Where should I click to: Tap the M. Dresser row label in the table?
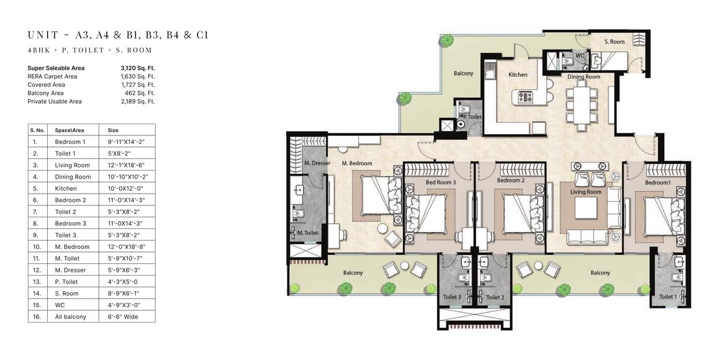(x=70, y=270)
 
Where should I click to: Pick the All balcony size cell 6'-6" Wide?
(x=123, y=317)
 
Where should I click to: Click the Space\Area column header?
(x=70, y=130)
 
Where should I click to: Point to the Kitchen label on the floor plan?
(x=518, y=74)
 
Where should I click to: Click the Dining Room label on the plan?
(x=583, y=77)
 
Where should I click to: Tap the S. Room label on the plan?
(x=614, y=42)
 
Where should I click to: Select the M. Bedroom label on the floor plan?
(x=358, y=163)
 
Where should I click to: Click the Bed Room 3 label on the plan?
(x=441, y=182)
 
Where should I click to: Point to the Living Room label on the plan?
(x=585, y=192)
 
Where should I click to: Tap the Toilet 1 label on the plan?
(x=668, y=297)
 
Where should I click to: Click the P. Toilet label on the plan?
(x=472, y=117)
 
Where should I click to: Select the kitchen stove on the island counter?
(x=525, y=97)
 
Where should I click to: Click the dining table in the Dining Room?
(x=582, y=105)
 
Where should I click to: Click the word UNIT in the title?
(x=43, y=35)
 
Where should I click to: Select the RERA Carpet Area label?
(x=52, y=76)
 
